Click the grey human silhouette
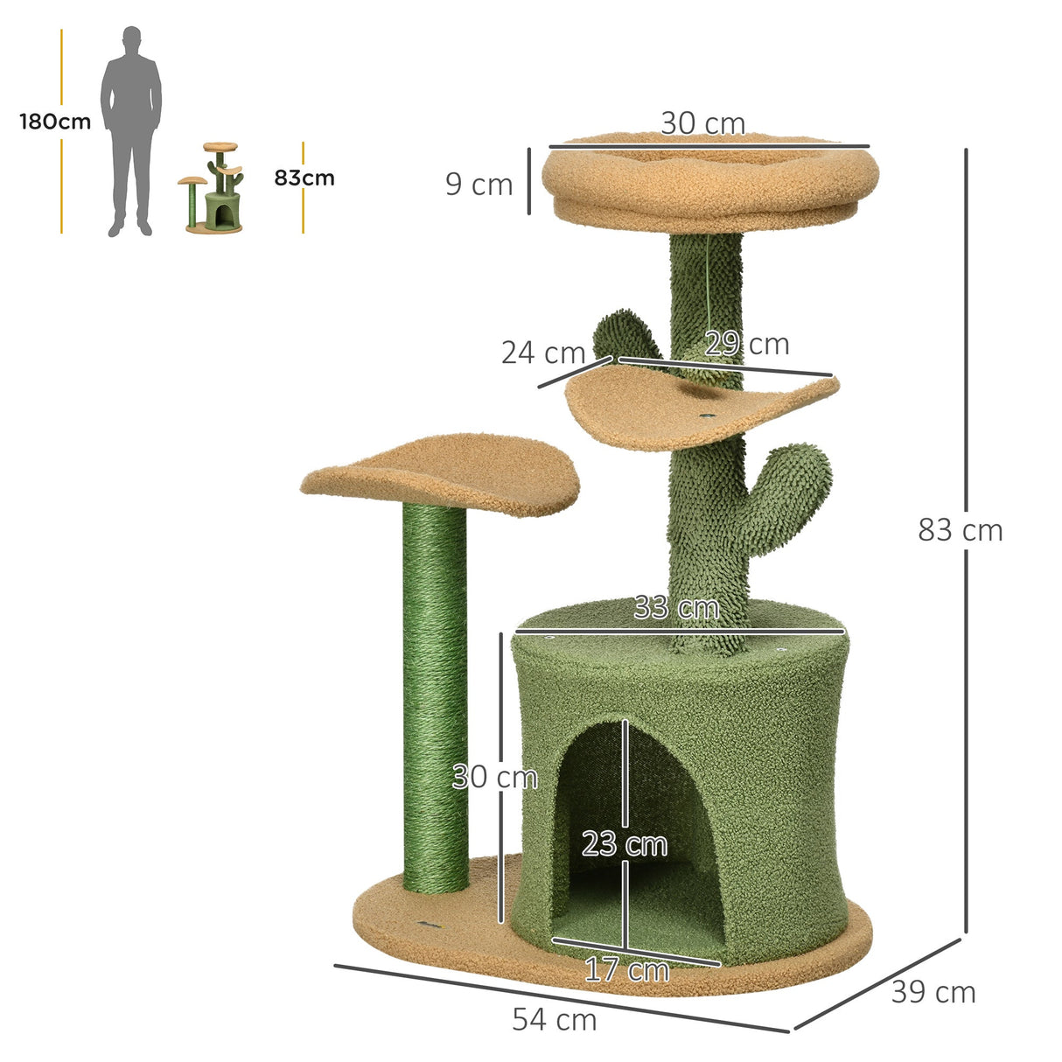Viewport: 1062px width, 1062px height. (x=130, y=131)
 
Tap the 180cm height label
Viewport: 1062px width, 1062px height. (x=55, y=122)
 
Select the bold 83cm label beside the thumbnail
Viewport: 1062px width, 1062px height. (x=304, y=178)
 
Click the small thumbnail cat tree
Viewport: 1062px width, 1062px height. (x=214, y=188)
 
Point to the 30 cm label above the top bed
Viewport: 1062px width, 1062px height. (x=702, y=124)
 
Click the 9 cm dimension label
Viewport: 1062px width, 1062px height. (x=479, y=185)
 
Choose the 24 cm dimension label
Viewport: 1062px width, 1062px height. (x=542, y=353)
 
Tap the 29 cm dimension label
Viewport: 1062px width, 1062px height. (x=747, y=344)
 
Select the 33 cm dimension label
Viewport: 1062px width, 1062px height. (x=676, y=607)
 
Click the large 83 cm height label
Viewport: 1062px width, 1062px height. (x=960, y=530)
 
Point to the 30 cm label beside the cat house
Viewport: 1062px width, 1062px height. (x=494, y=777)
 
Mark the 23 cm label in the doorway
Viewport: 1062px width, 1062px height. (x=625, y=844)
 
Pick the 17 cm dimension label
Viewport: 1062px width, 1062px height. (x=626, y=969)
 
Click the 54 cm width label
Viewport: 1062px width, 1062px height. (x=555, y=1019)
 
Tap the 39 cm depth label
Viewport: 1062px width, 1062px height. (x=933, y=992)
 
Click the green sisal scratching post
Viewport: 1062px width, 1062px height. (x=435, y=700)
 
